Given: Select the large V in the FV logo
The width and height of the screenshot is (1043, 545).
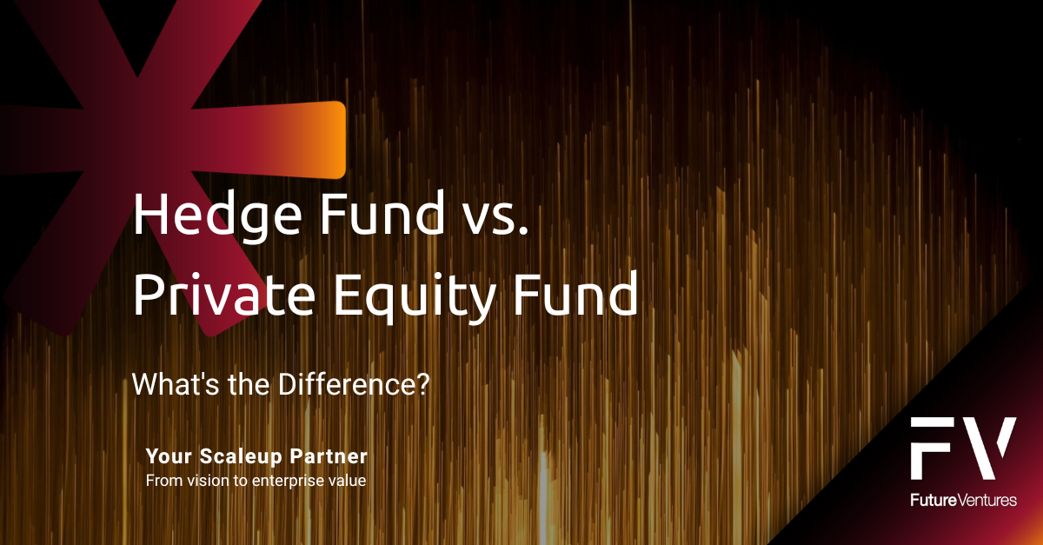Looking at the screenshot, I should (990, 449).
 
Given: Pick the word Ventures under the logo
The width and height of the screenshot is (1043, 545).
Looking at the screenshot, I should (987, 501).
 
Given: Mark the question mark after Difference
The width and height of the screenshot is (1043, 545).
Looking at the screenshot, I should (424, 383).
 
